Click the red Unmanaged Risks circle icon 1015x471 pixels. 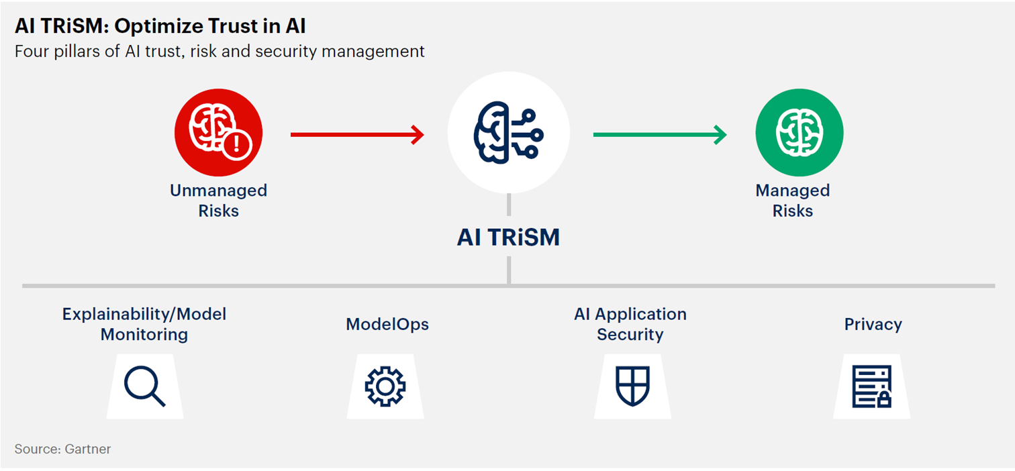(x=218, y=132)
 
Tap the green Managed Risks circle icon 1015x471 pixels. (x=800, y=132)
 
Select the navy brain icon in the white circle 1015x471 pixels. (x=508, y=132)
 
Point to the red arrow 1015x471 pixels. (x=357, y=134)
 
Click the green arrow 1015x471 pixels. (x=660, y=134)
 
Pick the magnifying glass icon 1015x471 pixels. (x=145, y=386)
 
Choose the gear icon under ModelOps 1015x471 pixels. (x=385, y=386)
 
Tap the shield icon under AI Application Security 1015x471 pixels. (x=632, y=386)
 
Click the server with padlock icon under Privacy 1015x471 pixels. (x=872, y=386)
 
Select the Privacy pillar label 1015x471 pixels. (x=873, y=325)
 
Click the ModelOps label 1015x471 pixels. (x=387, y=324)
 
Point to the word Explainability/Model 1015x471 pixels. (x=144, y=314)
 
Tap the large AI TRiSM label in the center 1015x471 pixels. (x=508, y=238)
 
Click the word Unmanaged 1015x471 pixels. (x=218, y=191)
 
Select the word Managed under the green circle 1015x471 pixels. (x=793, y=191)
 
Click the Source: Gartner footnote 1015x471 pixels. (x=62, y=449)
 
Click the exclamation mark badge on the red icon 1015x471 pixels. (x=236, y=144)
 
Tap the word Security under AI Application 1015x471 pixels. (x=630, y=335)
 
